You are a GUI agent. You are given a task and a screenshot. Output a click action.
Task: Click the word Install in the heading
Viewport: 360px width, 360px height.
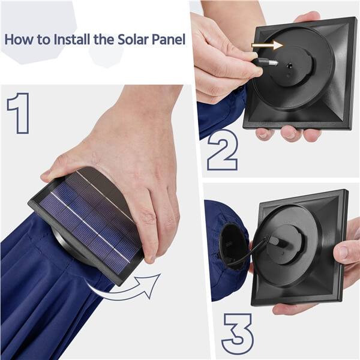pos(72,40)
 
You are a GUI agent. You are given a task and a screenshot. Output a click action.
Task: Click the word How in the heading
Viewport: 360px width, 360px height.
pos(19,40)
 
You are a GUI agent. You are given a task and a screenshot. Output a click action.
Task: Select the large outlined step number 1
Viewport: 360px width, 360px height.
pos(19,113)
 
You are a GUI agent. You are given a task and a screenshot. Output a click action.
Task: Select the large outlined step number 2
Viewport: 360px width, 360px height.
pos(223,150)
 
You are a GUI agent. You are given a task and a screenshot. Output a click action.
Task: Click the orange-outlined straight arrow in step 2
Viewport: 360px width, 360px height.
pos(268,45)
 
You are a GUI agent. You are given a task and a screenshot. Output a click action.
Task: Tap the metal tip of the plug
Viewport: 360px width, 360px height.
pos(273,62)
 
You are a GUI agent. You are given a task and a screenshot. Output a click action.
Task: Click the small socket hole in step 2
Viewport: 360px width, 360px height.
pos(290,67)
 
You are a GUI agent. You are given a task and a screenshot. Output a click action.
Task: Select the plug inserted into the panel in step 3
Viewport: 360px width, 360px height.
pos(274,240)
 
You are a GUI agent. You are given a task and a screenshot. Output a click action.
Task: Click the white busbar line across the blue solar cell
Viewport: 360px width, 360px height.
pos(90,227)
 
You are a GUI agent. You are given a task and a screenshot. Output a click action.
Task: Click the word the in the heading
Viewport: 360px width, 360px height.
pos(104,40)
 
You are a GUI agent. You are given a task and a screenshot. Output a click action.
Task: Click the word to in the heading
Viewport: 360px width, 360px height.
pos(44,40)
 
